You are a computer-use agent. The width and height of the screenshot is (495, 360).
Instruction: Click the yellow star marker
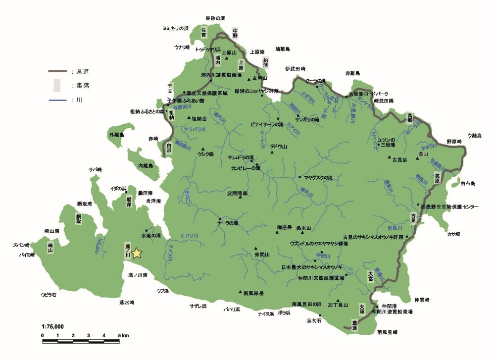pos(137,254)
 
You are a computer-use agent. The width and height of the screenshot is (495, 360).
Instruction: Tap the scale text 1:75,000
pos(52,327)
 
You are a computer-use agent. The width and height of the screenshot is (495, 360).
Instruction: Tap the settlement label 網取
pos(78,218)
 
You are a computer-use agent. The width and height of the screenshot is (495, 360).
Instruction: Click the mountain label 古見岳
pos(399,160)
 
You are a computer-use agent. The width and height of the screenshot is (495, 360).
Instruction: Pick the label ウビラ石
pos(49,295)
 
